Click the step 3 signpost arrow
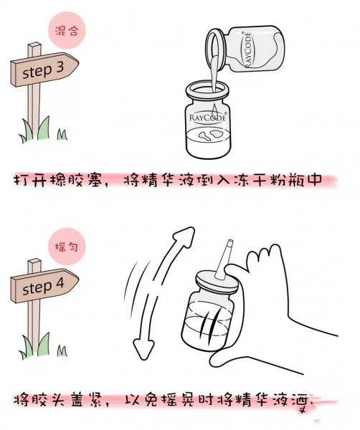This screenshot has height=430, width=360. pyautogui.click(x=42, y=72)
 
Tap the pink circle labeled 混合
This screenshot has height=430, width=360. pyautogui.click(x=67, y=32)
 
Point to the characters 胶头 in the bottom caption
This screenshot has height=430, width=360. pyautogui.click(x=55, y=398)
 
